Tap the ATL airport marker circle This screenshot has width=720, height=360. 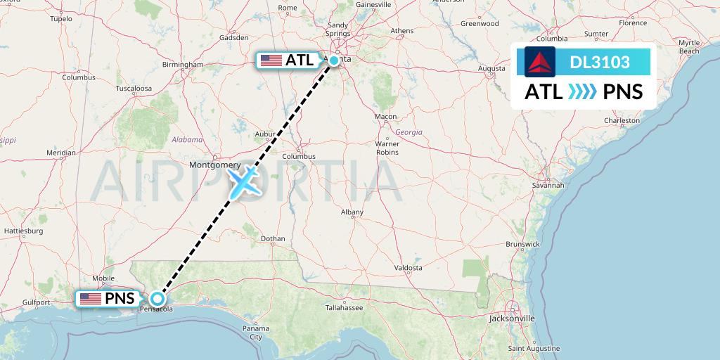tap(335, 60)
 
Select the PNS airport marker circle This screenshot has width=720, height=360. tap(157, 299)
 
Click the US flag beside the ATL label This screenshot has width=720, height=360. tap(271, 60)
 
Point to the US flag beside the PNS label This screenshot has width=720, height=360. tap(90, 299)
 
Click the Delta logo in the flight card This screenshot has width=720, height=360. tap(540, 62)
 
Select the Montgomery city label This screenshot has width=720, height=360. tap(215, 165)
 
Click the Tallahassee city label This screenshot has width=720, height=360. tap(343, 308)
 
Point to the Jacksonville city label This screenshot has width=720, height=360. tap(513, 319)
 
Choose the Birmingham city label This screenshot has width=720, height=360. tap(182, 65)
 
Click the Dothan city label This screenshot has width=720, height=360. tap(273, 239)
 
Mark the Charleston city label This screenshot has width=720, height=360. tap(622, 120)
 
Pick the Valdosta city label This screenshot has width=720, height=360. tap(408, 268)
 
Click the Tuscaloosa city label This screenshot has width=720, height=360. tap(134, 89)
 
